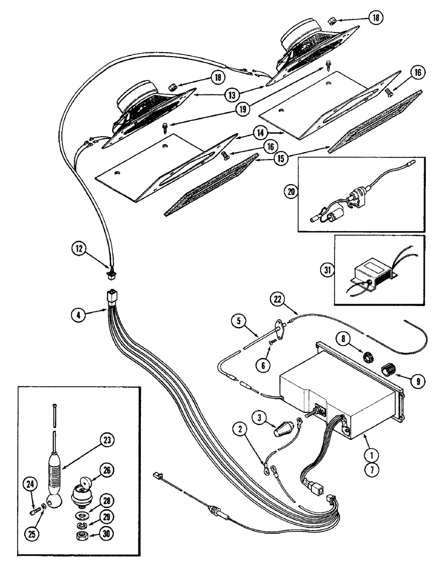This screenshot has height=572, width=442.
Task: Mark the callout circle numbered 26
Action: tap(106, 470)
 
